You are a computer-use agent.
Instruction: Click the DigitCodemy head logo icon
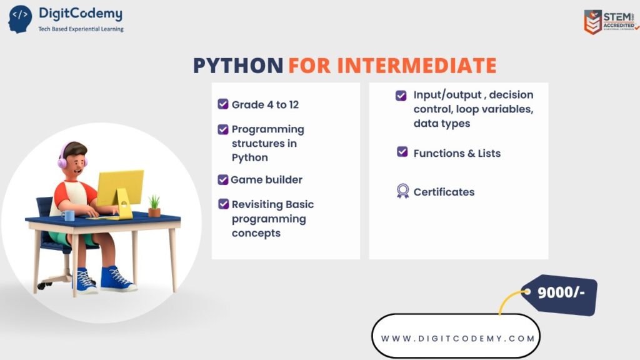pyautogui.click(x=19, y=19)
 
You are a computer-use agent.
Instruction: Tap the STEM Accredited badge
pyautogui.click(x=611, y=22)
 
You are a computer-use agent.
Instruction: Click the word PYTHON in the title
pyautogui.click(x=237, y=66)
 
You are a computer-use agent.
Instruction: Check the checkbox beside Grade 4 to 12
pyautogui.click(x=223, y=104)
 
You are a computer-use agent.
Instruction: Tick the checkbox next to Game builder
pyautogui.click(x=223, y=179)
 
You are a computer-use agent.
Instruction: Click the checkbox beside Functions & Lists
pyautogui.click(x=402, y=152)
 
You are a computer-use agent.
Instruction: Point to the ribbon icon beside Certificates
pyautogui.click(x=402, y=191)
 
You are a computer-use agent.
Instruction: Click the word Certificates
pyautogui.click(x=444, y=192)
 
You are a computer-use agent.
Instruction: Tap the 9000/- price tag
pyautogui.click(x=560, y=293)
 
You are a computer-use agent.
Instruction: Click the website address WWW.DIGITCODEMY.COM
pyautogui.click(x=457, y=338)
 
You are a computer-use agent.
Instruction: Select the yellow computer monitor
pyautogui.click(x=119, y=189)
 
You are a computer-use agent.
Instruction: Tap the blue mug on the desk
pyautogui.click(x=67, y=216)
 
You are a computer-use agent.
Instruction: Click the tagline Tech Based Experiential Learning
pyautogui.click(x=81, y=29)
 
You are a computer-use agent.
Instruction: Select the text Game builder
pyautogui.click(x=266, y=179)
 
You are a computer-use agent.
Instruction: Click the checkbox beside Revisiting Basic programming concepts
pyautogui.click(x=223, y=204)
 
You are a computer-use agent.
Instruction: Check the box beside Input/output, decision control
pyautogui.click(x=401, y=96)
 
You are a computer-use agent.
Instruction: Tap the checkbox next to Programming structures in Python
pyautogui.click(x=223, y=129)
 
